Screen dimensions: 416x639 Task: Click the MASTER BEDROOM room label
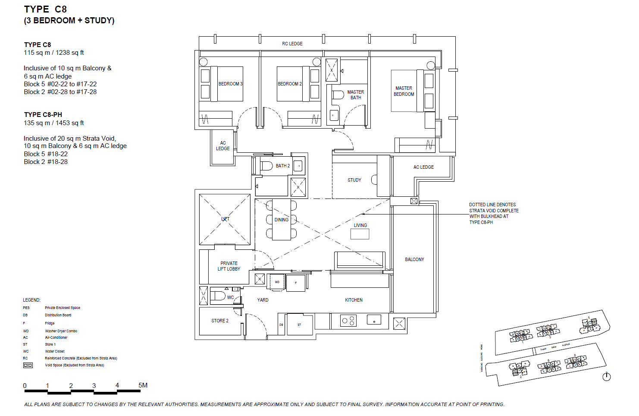click(404, 91)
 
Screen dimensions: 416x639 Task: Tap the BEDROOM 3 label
click(230, 84)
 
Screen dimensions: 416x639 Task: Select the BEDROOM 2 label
click(289, 84)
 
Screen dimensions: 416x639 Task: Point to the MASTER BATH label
click(356, 95)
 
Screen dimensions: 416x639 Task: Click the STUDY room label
click(354, 180)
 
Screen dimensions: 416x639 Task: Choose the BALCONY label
click(414, 259)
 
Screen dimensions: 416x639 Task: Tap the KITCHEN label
click(354, 300)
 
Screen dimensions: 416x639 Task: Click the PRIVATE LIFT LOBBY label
click(229, 266)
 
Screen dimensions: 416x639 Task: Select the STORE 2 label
click(220, 321)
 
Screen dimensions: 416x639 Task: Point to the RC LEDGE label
click(292, 44)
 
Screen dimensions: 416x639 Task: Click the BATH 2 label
click(282, 166)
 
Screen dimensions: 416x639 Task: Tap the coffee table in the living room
click(360, 234)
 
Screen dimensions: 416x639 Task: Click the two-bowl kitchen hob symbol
click(348, 321)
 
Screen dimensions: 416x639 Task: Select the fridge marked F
click(296, 283)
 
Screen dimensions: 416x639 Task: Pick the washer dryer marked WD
click(277, 282)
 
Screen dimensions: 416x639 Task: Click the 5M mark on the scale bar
click(143, 385)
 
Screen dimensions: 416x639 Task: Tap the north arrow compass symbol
click(606, 377)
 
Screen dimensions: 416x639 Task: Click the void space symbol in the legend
click(28, 365)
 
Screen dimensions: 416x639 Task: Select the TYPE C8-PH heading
click(43, 115)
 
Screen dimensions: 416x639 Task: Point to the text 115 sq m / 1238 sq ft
click(54, 53)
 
